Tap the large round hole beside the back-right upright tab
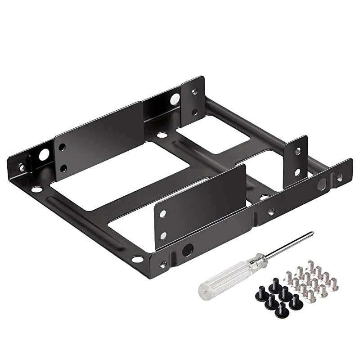(x=174, y=99)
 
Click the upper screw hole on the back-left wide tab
(x=63, y=147)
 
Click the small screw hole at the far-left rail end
(x=20, y=168)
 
